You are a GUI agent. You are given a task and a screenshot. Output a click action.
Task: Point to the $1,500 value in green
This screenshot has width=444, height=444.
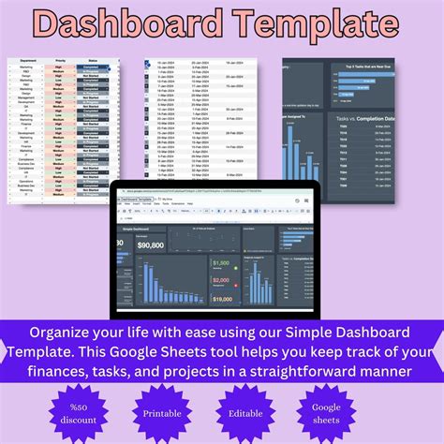click(x=222, y=263)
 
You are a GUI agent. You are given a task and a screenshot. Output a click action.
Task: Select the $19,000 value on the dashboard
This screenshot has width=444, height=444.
click(x=222, y=299)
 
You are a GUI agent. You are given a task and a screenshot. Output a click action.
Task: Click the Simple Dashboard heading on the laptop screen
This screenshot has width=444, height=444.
click(x=137, y=228)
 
